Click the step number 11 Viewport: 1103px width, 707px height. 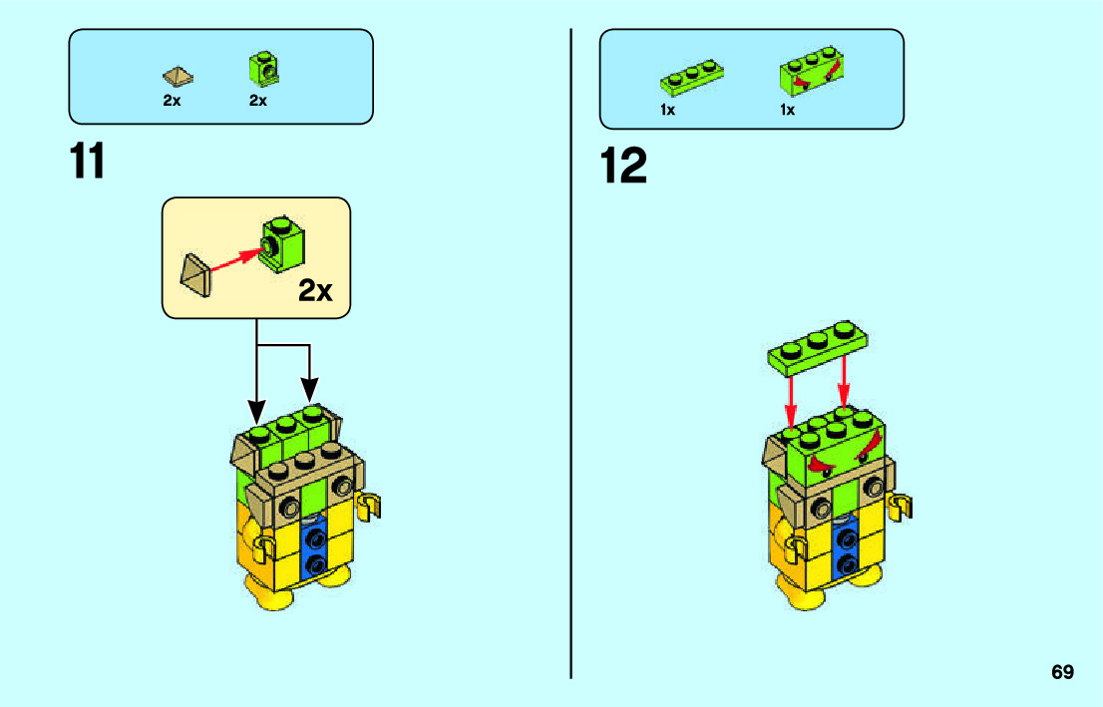88,164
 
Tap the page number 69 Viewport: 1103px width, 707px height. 1062,672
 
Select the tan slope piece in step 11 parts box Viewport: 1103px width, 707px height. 178,76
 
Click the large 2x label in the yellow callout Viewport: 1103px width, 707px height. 315,291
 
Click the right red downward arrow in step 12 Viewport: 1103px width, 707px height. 846,385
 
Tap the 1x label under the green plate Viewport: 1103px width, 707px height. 668,110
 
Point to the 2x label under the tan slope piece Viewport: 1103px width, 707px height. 172,101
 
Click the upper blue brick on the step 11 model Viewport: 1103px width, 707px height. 317,539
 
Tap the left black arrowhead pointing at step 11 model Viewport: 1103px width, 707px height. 257,411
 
